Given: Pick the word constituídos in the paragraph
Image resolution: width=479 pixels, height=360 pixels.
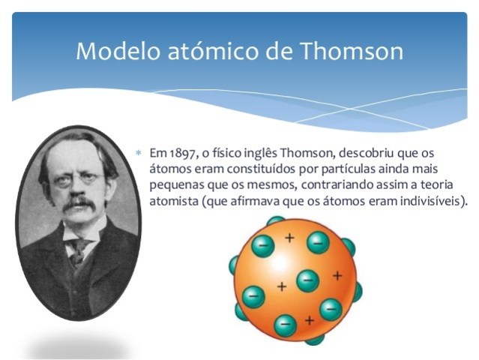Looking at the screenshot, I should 251,169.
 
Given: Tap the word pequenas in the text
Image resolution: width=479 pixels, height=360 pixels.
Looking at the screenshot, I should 175,184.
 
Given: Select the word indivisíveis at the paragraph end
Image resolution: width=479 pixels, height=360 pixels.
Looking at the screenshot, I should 430,201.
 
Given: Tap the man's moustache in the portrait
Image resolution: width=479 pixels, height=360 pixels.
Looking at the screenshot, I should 78,204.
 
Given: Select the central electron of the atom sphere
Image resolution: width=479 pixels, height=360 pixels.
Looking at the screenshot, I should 307,280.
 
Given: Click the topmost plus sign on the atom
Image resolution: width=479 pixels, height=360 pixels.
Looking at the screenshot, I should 289,238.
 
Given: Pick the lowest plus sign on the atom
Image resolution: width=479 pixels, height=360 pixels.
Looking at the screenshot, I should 310,320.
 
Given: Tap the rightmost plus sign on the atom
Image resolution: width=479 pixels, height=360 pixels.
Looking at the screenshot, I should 337,275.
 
